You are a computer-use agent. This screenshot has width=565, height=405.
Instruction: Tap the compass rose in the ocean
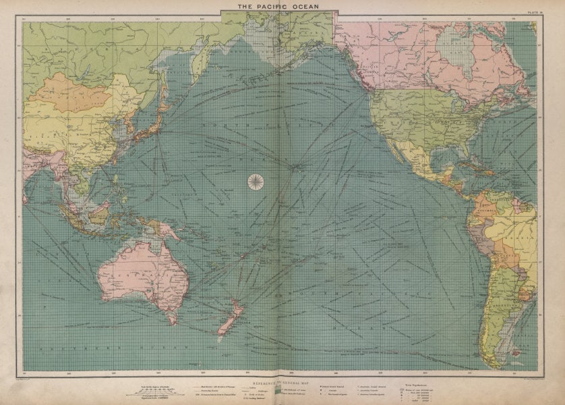pyautogui.click(x=256, y=181)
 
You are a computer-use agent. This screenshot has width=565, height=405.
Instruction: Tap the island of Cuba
pyautogui.click(x=483, y=166)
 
